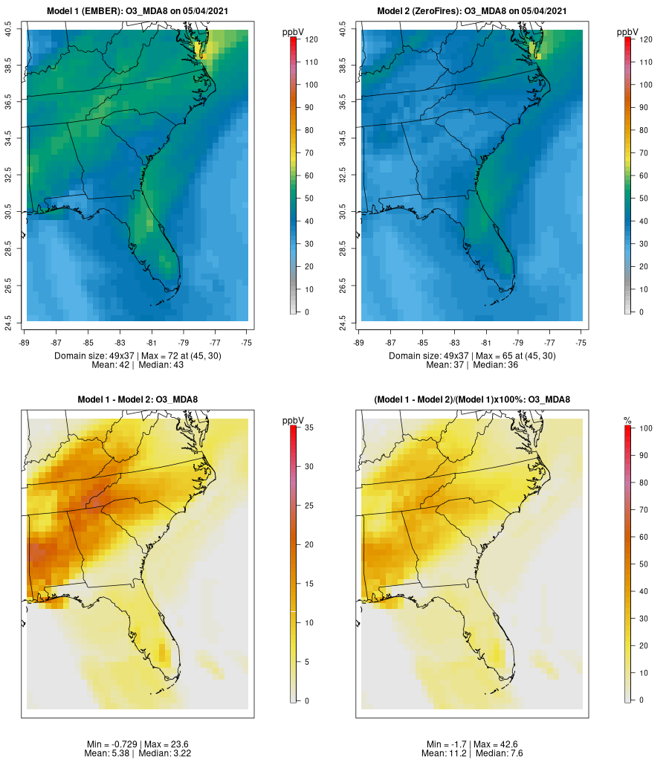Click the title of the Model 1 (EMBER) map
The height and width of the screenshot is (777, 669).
click(x=138, y=11)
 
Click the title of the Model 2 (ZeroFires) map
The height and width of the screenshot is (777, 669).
click(x=472, y=11)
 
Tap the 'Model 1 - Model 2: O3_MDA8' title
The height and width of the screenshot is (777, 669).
click(x=138, y=400)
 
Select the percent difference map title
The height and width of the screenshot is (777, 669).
click(x=472, y=400)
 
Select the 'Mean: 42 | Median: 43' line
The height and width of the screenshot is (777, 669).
click(x=138, y=365)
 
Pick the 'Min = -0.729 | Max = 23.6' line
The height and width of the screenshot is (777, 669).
click(x=138, y=744)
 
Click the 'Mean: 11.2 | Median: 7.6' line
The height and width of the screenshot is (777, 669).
click(x=472, y=753)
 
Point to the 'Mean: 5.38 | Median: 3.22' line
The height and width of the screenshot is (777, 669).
click(x=138, y=753)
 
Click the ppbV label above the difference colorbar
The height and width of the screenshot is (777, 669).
click(x=294, y=421)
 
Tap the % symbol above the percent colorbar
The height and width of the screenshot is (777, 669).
click(x=627, y=421)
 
